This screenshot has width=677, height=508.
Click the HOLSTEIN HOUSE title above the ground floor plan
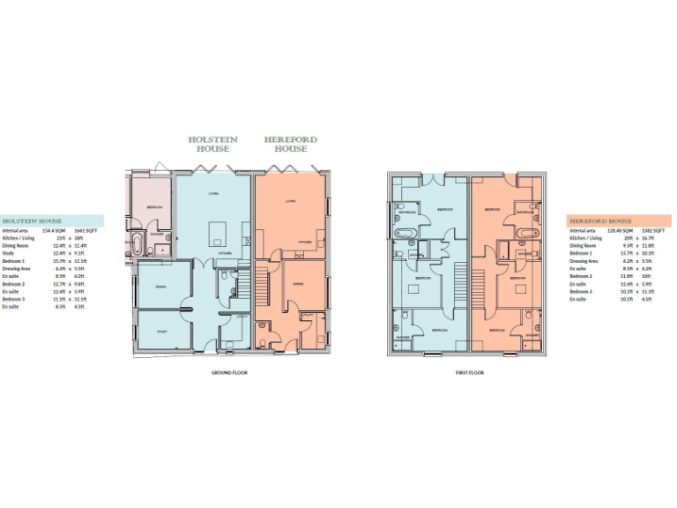coord(213,145)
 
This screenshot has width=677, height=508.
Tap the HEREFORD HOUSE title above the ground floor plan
coord(291,145)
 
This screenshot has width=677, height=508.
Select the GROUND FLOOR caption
coord(228,373)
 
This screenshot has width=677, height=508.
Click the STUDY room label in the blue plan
coord(161,332)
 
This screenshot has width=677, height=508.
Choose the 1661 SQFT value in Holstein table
coord(85,230)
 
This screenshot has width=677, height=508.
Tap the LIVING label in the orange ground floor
coord(290,201)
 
